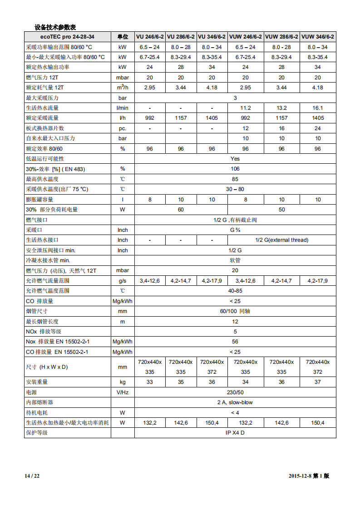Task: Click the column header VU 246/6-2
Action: click(150, 37)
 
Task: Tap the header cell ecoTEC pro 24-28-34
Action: click(67, 37)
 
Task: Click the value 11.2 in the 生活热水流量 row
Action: click(245, 108)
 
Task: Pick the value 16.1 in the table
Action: click(317, 108)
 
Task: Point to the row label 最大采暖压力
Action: click(43, 98)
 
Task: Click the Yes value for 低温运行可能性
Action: click(235, 159)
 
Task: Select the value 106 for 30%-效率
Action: click(235, 169)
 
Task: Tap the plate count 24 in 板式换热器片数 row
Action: click(317, 128)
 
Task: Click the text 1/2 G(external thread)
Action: click(281, 240)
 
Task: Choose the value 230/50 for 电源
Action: click(235, 392)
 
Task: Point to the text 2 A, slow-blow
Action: click(235, 402)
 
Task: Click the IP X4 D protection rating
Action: click(235, 433)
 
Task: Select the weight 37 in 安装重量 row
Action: click(317, 382)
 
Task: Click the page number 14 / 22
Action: click(32, 476)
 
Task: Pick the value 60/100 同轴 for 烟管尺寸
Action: click(235, 311)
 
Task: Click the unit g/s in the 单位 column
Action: click(123, 281)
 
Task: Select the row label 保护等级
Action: click(37, 433)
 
